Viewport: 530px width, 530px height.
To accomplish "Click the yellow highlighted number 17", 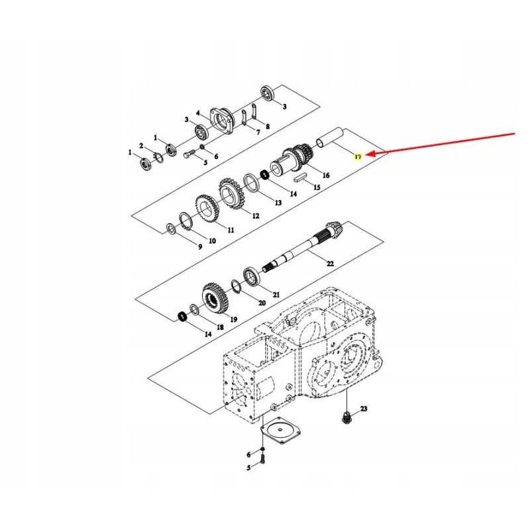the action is [358, 156].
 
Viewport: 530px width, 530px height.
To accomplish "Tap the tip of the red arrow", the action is [366, 154].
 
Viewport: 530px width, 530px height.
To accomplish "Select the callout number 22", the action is [330, 263].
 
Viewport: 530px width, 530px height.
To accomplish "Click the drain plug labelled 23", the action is [346, 418].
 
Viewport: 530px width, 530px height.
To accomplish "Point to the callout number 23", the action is [363, 409].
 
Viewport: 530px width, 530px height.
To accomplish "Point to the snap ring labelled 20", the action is [236, 287].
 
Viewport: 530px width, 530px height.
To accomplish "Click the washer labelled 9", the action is [172, 229].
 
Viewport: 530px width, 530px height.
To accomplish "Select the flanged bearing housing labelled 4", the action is [221, 122].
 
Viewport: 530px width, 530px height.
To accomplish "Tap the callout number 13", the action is [278, 203].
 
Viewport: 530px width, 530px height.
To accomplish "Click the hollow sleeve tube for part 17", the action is [329, 138].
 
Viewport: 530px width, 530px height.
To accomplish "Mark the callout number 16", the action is [326, 175].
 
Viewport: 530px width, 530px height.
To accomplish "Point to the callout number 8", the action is [268, 127].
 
